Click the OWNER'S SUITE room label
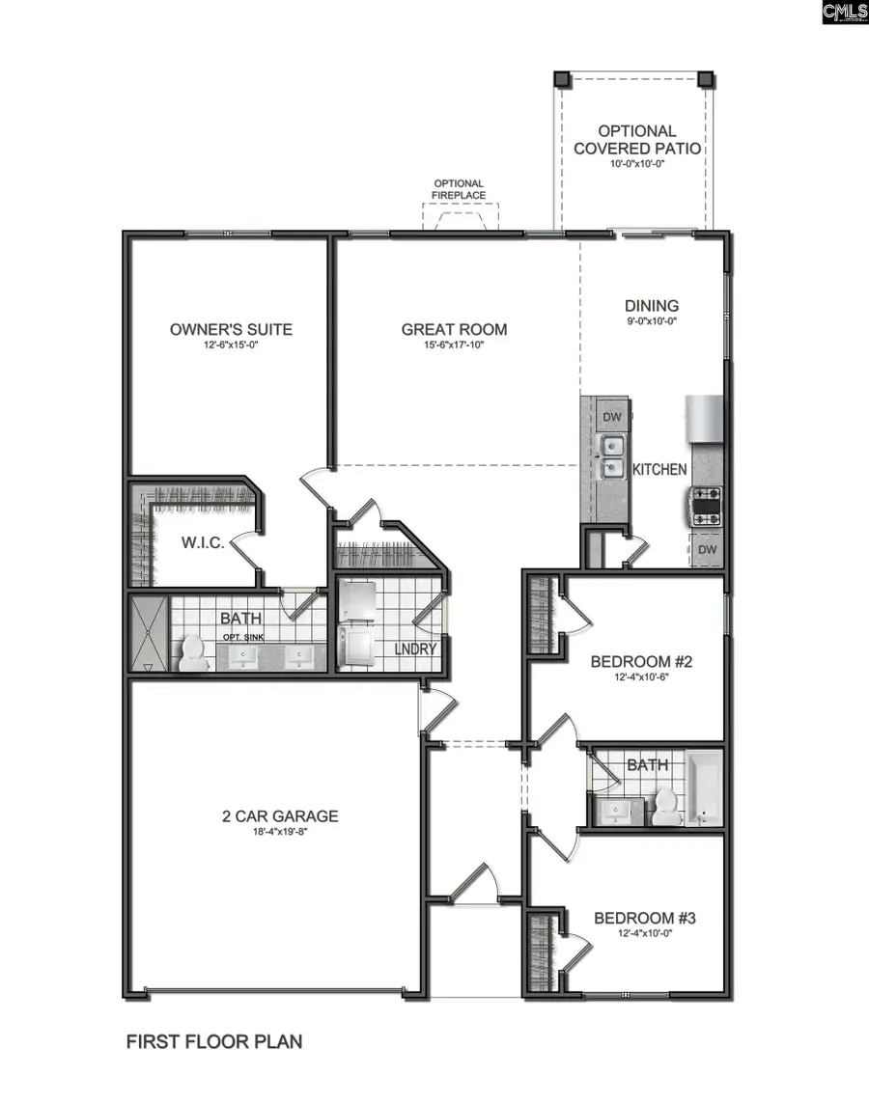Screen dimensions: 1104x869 [x=231, y=329]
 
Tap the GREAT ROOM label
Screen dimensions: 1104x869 [x=454, y=329]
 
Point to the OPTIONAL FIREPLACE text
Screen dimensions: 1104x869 [x=459, y=189]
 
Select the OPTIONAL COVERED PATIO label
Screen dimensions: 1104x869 [x=637, y=140]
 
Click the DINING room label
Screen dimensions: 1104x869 [x=652, y=306]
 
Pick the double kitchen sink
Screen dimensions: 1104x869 [x=611, y=456]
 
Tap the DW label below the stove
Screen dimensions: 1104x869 [x=707, y=549]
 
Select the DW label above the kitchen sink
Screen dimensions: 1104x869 [x=611, y=417]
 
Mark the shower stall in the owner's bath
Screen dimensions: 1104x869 [x=149, y=633]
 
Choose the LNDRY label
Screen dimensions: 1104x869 [x=416, y=649]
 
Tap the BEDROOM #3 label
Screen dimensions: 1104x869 [x=644, y=918]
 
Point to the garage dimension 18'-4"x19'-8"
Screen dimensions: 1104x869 [x=280, y=831]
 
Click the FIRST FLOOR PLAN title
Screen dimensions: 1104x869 [x=214, y=1041]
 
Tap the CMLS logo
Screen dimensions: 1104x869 [x=844, y=13]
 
